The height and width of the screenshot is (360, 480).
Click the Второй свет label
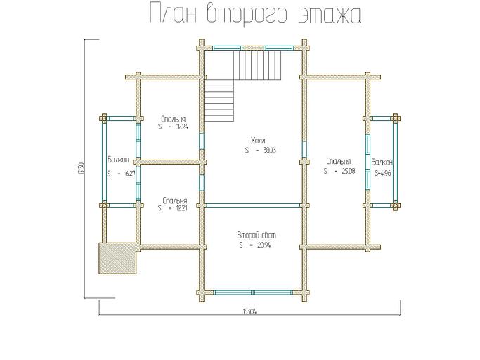click(252, 235)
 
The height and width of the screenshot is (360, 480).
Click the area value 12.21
click(181, 209)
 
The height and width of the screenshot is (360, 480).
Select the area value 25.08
click(344, 171)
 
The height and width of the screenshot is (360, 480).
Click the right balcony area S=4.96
click(383, 172)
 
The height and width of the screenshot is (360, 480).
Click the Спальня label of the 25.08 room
click(338, 161)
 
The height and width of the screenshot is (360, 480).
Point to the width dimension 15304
click(248, 311)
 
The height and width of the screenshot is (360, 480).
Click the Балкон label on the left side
click(117, 160)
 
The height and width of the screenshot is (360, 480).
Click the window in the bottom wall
click(254, 290)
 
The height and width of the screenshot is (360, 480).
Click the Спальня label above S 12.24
click(173, 119)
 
